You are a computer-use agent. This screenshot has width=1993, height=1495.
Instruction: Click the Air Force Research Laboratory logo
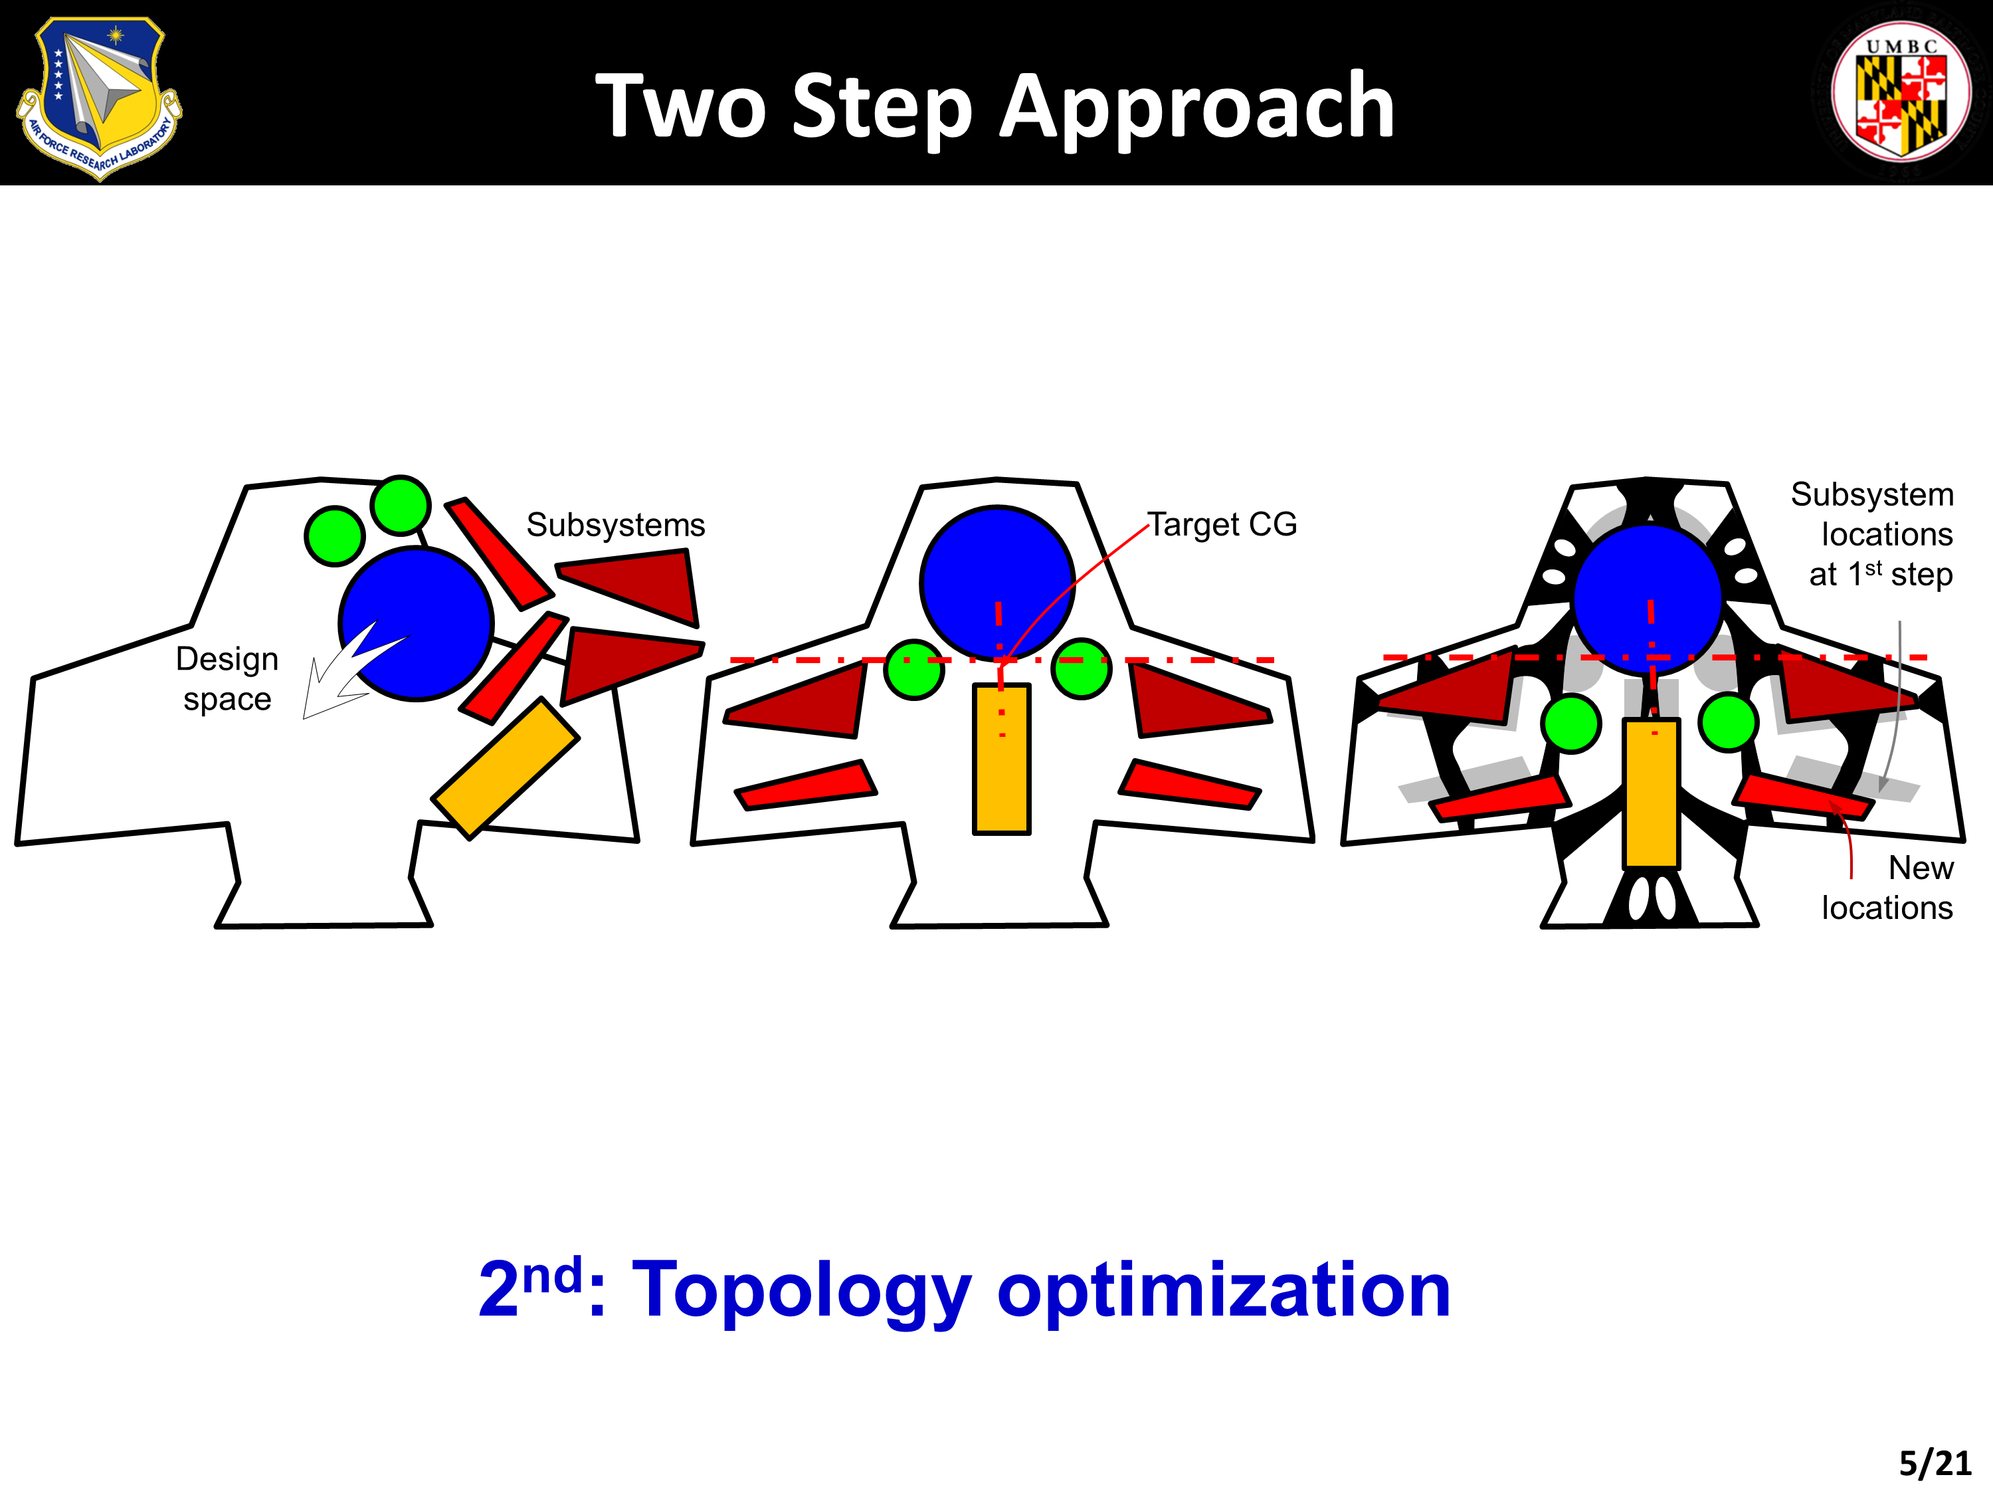[x=99, y=97]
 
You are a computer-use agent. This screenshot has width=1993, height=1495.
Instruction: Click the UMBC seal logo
[x=1901, y=93]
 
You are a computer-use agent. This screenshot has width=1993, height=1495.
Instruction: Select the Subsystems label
[x=615, y=524]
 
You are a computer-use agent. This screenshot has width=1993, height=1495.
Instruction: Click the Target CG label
[x=1222, y=524]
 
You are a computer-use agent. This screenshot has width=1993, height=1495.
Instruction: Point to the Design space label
[x=227, y=678]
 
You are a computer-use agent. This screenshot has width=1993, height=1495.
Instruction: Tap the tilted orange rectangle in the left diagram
[x=506, y=768]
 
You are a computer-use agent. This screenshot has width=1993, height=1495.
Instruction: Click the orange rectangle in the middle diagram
[x=1001, y=759]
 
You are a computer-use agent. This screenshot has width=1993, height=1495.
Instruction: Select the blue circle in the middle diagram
[x=997, y=583]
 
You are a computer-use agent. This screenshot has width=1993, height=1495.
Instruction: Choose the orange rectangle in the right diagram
[x=1652, y=793]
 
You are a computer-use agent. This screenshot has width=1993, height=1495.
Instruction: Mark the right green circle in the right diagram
[x=1728, y=722]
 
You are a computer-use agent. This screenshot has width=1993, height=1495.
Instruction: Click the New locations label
[x=1887, y=888]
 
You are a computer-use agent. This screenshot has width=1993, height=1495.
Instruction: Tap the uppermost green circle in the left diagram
[x=400, y=504]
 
